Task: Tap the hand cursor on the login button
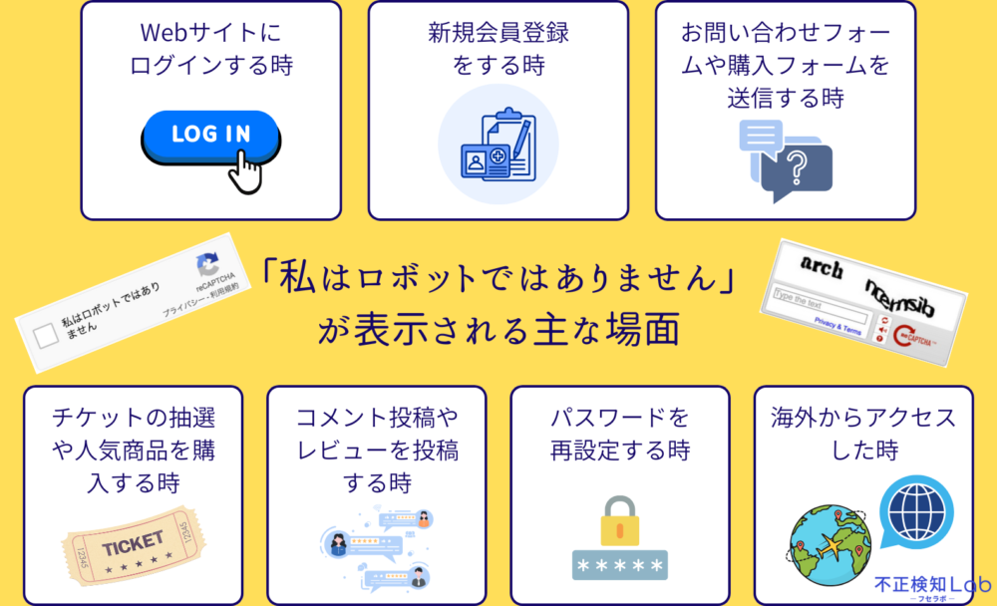pos(245,171)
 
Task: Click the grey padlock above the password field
pos(619,519)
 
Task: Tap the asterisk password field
pos(619,564)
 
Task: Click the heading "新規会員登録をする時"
pos(498,49)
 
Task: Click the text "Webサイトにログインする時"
pos(211,49)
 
